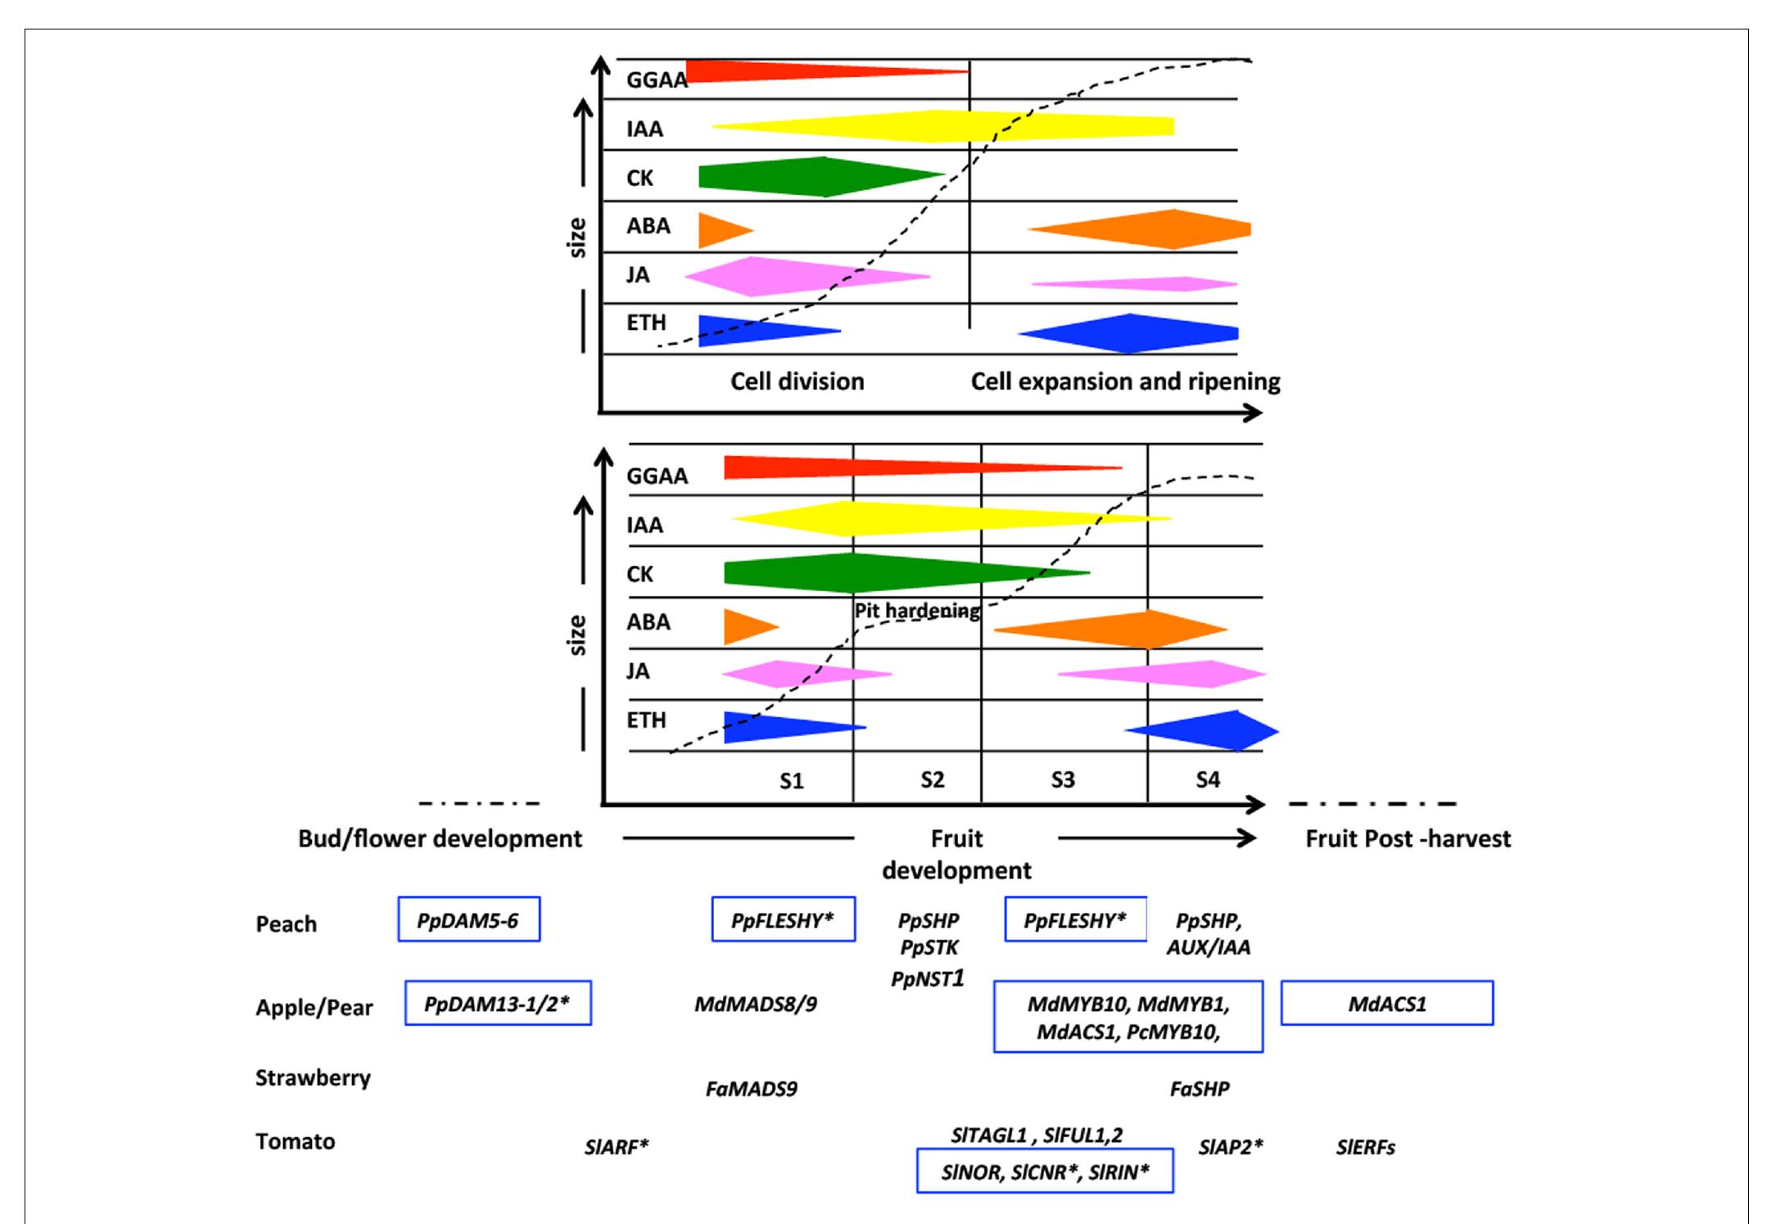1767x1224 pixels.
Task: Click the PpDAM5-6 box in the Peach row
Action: click(468, 919)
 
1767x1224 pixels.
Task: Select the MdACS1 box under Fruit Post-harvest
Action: click(1387, 1003)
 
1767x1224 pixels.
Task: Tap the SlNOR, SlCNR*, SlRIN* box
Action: click(1045, 1172)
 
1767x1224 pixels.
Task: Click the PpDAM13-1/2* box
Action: click(498, 1003)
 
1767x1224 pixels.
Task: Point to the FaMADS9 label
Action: click(751, 1089)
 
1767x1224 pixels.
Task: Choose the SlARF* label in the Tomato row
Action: click(616, 1147)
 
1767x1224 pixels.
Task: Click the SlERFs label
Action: click(1365, 1147)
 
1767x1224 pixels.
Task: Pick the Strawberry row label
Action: click(313, 1077)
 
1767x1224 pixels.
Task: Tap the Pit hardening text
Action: click(917, 611)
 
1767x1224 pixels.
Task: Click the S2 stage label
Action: click(932, 779)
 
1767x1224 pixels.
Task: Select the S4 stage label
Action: click(1207, 779)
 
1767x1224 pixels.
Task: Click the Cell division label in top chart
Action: click(797, 382)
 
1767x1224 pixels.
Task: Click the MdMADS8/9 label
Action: click(755, 1004)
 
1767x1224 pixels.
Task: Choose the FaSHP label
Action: click(1199, 1089)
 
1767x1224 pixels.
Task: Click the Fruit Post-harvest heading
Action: click(1408, 838)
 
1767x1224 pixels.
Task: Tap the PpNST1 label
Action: click(928, 978)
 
